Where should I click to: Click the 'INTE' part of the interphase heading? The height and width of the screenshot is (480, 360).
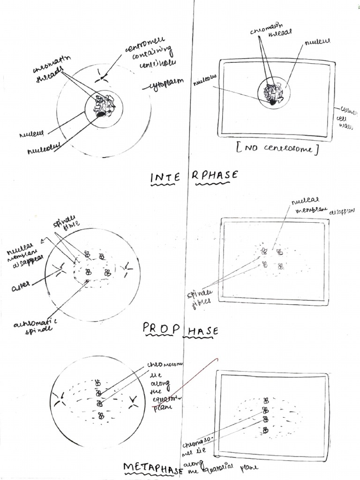165,177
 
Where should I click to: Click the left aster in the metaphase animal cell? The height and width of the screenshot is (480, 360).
59,400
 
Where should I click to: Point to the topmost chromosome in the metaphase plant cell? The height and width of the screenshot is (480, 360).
266,400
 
